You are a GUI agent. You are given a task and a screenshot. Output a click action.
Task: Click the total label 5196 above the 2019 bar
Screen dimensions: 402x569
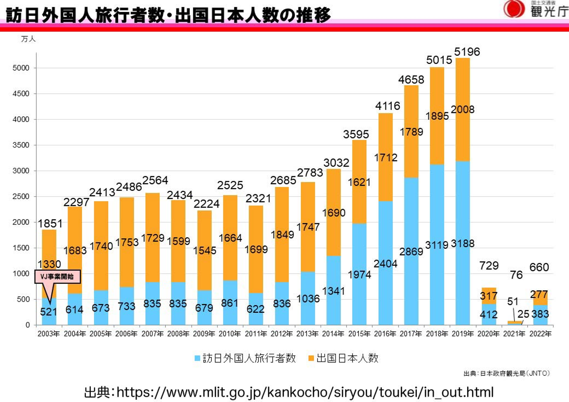pyautogui.click(x=467, y=52)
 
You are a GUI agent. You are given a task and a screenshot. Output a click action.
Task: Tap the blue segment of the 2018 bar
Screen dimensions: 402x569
pyautogui.click(x=437, y=284)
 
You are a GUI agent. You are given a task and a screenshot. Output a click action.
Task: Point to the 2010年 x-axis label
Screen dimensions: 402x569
pyautogui.click(x=230, y=334)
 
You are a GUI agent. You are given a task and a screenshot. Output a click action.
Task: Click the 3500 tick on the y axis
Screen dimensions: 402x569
pyautogui.click(x=21, y=145)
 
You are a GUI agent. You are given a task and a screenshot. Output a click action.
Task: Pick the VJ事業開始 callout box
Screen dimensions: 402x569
pyautogui.click(x=57, y=276)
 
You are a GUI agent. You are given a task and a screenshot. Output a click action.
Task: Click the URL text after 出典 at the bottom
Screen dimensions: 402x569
pyautogui.click(x=305, y=392)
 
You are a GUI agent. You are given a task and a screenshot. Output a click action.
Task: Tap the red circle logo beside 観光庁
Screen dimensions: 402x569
pyautogui.click(x=514, y=9)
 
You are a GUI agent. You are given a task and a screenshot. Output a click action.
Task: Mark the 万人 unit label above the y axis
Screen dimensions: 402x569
pyautogui.click(x=28, y=39)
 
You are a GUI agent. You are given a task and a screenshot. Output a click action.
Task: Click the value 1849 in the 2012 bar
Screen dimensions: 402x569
pyautogui.click(x=282, y=235)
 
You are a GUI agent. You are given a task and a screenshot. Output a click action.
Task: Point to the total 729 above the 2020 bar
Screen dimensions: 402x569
pyautogui.click(x=489, y=265)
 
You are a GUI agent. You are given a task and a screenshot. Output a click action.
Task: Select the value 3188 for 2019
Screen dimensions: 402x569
pyautogui.click(x=462, y=244)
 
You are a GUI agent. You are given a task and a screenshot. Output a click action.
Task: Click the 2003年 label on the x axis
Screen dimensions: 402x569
pyautogui.click(x=49, y=334)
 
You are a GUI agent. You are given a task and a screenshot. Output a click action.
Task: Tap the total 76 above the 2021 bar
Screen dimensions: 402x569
pyautogui.click(x=516, y=275)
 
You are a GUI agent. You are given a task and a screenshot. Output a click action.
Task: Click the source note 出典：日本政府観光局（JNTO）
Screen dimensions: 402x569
pyautogui.click(x=506, y=373)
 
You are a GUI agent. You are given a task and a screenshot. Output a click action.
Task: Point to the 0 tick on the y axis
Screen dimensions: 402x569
pyautogui.click(x=28, y=325)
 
